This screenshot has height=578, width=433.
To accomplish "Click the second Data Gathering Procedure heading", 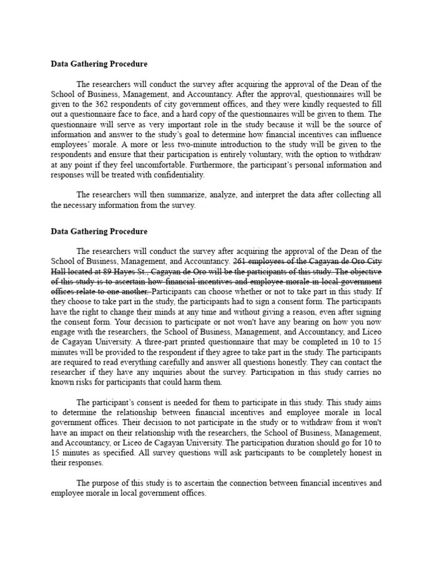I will click(x=99, y=231).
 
